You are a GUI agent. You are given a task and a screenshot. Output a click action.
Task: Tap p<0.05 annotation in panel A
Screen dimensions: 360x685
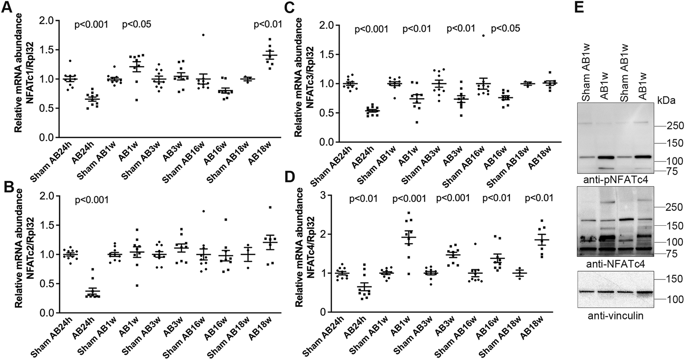coord(137,24)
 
